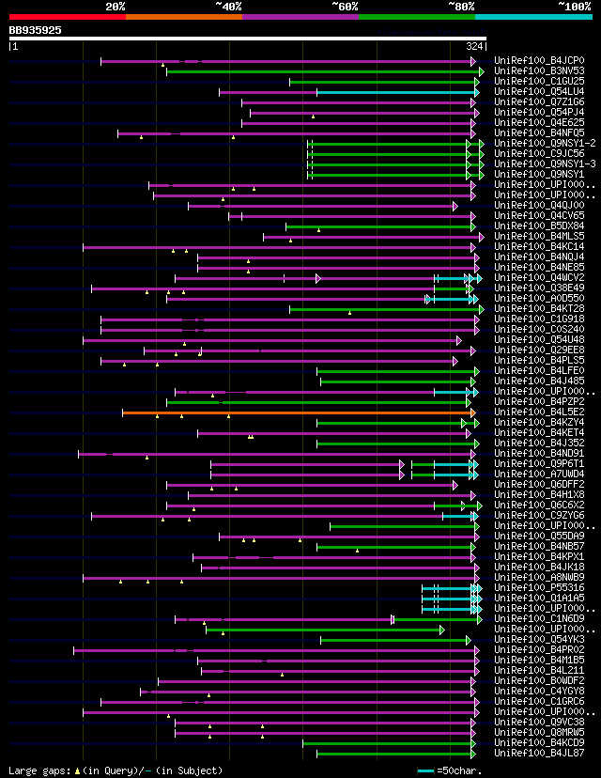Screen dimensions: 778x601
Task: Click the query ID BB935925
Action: pyautogui.click(x=36, y=30)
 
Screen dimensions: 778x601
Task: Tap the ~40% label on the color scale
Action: pyautogui.click(x=228, y=7)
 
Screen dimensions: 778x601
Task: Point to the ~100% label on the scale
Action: pyautogui.click(x=574, y=7)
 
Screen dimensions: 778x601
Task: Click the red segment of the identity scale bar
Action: pyautogui.click(x=66, y=17)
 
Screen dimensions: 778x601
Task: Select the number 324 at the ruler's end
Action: pyautogui.click(x=474, y=45)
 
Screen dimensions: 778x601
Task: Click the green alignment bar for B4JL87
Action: pyautogui.click(x=394, y=754)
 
